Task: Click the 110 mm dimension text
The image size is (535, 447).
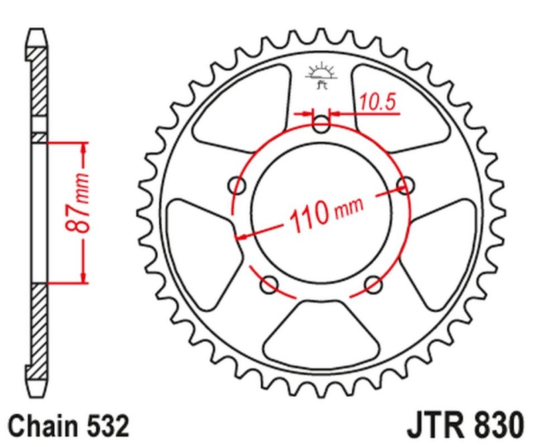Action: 326,211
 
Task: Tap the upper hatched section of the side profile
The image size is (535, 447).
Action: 39,80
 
